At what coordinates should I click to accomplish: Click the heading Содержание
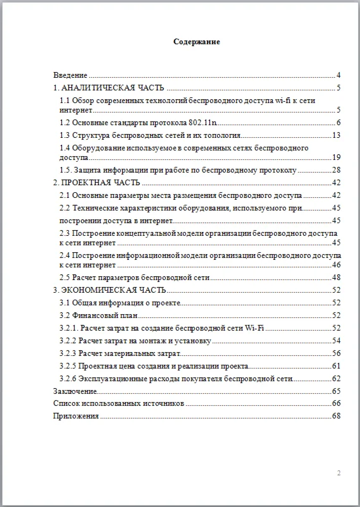click(x=197, y=42)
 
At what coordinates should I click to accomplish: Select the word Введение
click(x=70, y=75)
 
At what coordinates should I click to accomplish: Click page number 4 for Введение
click(x=339, y=75)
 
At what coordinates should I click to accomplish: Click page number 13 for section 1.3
click(x=337, y=135)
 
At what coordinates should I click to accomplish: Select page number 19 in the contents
click(x=337, y=157)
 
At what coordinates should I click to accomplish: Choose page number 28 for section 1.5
click(x=337, y=170)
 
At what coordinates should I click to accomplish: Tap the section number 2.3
click(x=65, y=233)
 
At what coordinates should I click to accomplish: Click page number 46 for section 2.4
click(x=337, y=265)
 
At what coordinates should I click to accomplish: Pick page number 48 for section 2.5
click(x=337, y=278)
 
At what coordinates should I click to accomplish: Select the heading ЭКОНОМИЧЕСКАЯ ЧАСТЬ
click(x=114, y=290)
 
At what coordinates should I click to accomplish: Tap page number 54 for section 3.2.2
click(x=337, y=341)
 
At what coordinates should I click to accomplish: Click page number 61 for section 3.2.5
click(x=337, y=366)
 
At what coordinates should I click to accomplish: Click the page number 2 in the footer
click(x=339, y=473)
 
